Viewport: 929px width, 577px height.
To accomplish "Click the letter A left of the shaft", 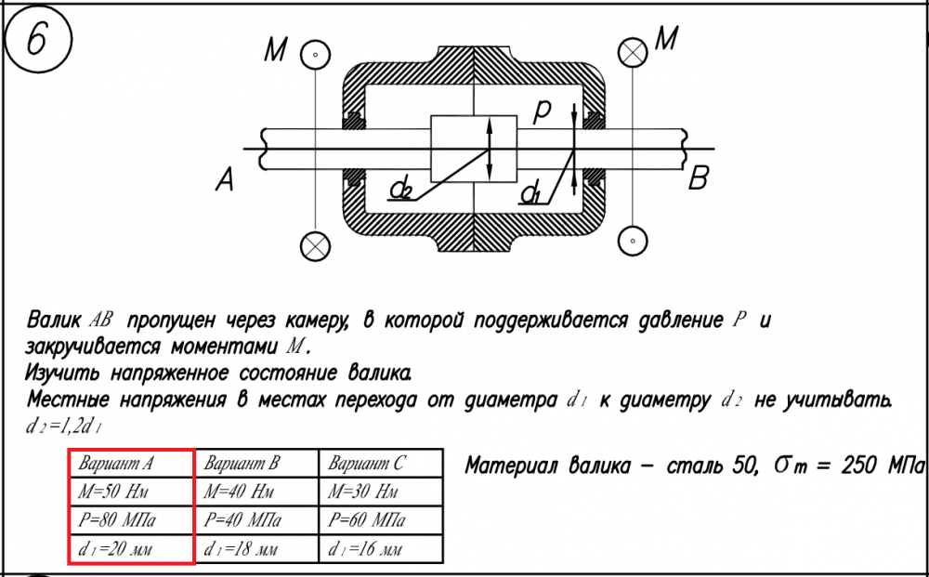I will pyautogui.click(x=224, y=181).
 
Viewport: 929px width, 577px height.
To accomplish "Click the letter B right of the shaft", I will pyautogui.click(x=699, y=179).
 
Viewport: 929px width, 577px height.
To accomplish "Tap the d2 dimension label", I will pyautogui.click(x=401, y=190).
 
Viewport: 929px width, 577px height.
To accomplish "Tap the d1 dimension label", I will pyautogui.click(x=530, y=194).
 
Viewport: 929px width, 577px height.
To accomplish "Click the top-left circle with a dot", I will pyautogui.click(x=316, y=55).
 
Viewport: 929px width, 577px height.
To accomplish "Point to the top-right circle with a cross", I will pyautogui.click(x=635, y=52).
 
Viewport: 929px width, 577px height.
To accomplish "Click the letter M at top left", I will pyautogui.click(x=275, y=50).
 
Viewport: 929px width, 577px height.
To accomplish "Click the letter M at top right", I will pyautogui.click(x=666, y=39).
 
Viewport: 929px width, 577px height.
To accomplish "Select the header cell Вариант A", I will pyautogui.click(x=131, y=463).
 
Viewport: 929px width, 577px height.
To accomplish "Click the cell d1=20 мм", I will pyautogui.click(x=131, y=548).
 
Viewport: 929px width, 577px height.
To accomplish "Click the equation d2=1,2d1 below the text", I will pyautogui.click(x=64, y=427).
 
